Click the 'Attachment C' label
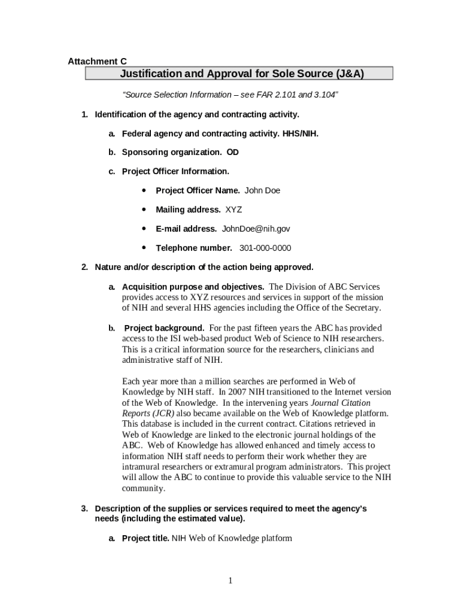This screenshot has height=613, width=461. coord(97,62)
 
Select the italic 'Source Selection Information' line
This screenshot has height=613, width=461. coord(230,95)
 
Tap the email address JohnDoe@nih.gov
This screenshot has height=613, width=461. coord(256,229)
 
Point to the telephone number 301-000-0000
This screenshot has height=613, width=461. coord(265,248)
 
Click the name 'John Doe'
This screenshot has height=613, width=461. coord(262,190)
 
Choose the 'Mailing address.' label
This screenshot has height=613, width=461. coord(188,210)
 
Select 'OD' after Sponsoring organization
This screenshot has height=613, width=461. coord(232,152)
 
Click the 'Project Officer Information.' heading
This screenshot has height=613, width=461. coord(175,171)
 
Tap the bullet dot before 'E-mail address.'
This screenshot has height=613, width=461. coord(144,229)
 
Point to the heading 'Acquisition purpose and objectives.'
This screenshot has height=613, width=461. coord(193,287)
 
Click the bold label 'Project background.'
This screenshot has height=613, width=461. coord(164,328)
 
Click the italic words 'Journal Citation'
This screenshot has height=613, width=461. coord(341,403)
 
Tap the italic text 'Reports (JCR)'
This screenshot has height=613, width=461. coord(148,414)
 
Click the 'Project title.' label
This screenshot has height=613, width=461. coord(145,538)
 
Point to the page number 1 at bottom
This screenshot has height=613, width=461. coord(230,580)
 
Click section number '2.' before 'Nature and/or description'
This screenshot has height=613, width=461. coord(85,267)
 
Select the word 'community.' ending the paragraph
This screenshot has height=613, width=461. coord(144,488)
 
